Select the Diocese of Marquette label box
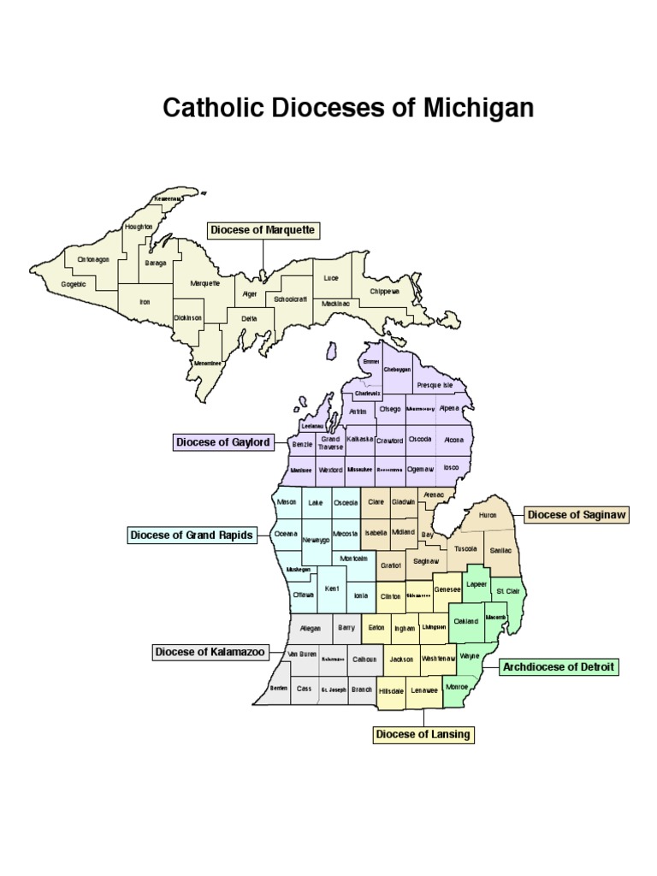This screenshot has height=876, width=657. tap(263, 230)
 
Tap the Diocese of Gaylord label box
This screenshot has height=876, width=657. tap(223, 442)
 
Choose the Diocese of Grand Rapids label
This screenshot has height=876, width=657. tap(192, 536)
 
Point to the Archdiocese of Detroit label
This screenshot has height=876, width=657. tap(559, 666)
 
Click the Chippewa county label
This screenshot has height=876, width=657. tap(385, 291)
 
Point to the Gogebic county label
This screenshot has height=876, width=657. tap(74, 283)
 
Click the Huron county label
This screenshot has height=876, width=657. tap(488, 516)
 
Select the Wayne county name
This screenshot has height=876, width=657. tap(470, 655)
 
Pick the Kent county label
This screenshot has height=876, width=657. tap(332, 589)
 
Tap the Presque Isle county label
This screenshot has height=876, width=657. tap(435, 386)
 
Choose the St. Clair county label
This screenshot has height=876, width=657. tap(507, 591)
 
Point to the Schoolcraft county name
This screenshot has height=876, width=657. tap(291, 299)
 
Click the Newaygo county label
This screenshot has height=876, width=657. tap(316, 541)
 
